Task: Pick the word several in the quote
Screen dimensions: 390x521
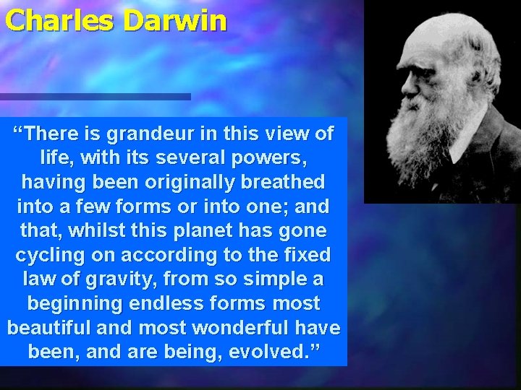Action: tap(176, 157)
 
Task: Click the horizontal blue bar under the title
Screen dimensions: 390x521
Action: tap(95, 96)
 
